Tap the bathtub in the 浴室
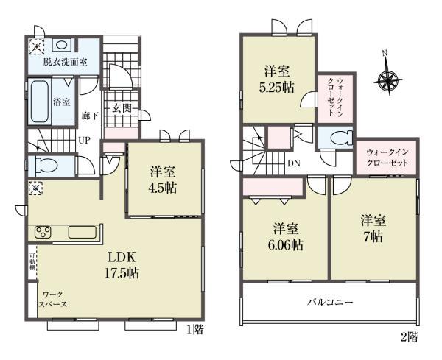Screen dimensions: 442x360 pos(40,101)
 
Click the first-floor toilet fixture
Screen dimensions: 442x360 pos(45,166)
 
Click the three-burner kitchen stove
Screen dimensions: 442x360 pos(43,233)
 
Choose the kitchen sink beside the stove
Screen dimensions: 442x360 pos(83,233)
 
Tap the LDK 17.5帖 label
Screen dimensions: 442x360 pos(122,265)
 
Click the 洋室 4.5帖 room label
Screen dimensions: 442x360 pos(163,180)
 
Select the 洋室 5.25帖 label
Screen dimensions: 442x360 pos(277,80)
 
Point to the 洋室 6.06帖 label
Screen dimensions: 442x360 pos(285,236)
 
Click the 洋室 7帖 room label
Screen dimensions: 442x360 pos(373,228)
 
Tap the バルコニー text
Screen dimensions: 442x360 pos(330,303)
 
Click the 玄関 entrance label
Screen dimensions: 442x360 pos(122,108)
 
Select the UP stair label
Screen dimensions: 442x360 pos(84,140)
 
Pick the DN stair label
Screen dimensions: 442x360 pos(294,163)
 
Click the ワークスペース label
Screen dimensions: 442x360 pos(53,300)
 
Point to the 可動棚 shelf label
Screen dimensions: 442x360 pos(32,262)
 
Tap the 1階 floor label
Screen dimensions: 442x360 pos(195,329)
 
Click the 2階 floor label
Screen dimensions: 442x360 pos(410,336)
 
